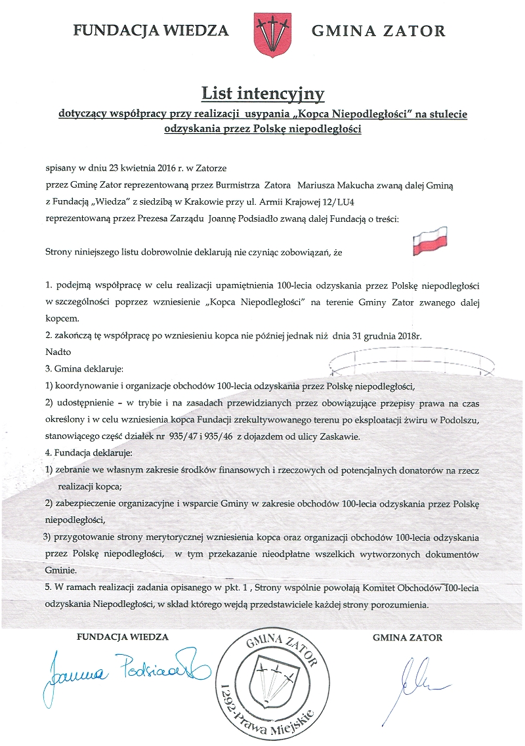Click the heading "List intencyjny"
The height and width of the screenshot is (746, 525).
click(262, 94)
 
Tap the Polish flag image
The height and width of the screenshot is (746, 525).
click(429, 241)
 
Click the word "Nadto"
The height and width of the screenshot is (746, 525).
click(57, 352)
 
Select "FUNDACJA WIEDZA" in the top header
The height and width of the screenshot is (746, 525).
click(152, 30)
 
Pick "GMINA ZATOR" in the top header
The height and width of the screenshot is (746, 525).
click(378, 31)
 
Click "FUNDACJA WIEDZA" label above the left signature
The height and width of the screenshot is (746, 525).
click(123, 636)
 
